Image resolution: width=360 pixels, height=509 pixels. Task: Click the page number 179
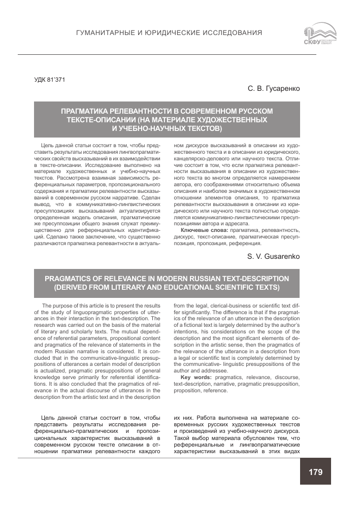click(315, 472)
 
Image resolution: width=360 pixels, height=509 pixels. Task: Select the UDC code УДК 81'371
click(49, 79)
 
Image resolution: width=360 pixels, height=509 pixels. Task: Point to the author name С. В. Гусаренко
click(274, 89)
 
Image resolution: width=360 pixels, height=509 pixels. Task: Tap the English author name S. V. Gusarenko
click(274, 256)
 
